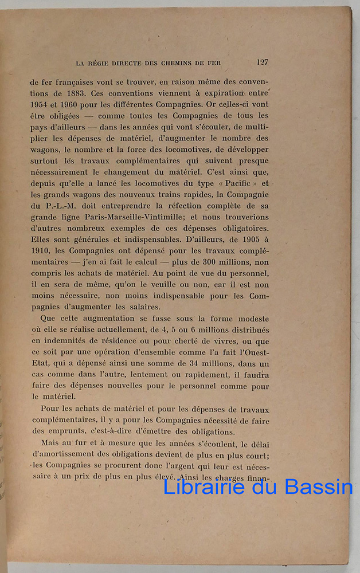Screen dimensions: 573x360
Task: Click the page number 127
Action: pos(263,62)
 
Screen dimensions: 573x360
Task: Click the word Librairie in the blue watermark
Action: pos(204,486)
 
